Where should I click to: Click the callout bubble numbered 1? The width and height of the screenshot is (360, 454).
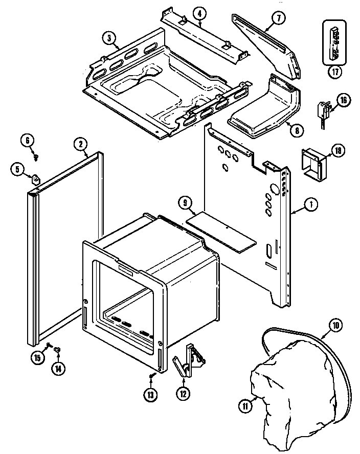pos(310,205)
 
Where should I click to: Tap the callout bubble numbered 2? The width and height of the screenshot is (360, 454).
pos(81,144)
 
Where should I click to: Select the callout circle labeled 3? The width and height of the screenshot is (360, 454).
pos(108,37)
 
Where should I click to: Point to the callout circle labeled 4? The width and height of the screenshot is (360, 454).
pos(200,13)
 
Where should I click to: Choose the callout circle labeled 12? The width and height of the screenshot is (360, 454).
pos(183,393)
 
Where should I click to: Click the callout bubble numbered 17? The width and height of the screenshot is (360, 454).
pos(334,72)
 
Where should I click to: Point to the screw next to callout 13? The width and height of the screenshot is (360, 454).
pos(152,377)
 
